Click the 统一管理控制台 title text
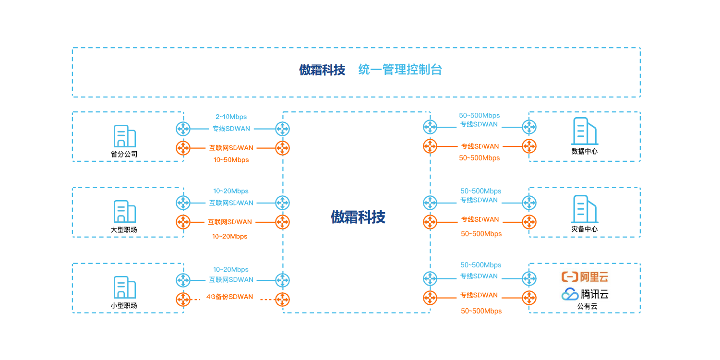tap(400, 70)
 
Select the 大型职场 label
tap(124, 229)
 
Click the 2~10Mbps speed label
tap(231, 117)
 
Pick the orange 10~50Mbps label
tap(231, 160)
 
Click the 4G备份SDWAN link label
tap(229, 297)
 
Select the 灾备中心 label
tap(584, 229)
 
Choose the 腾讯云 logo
tap(585, 294)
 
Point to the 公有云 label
tap(587, 306)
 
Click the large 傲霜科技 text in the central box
tap(358, 217)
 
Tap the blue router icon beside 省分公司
tap(183, 129)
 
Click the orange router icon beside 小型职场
tap(183, 300)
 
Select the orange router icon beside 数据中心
tap(529, 146)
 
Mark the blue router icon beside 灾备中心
tap(529, 203)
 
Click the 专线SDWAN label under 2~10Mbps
tap(231, 129)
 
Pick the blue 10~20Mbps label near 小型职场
tap(231, 270)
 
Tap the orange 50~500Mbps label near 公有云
tap(481, 311)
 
